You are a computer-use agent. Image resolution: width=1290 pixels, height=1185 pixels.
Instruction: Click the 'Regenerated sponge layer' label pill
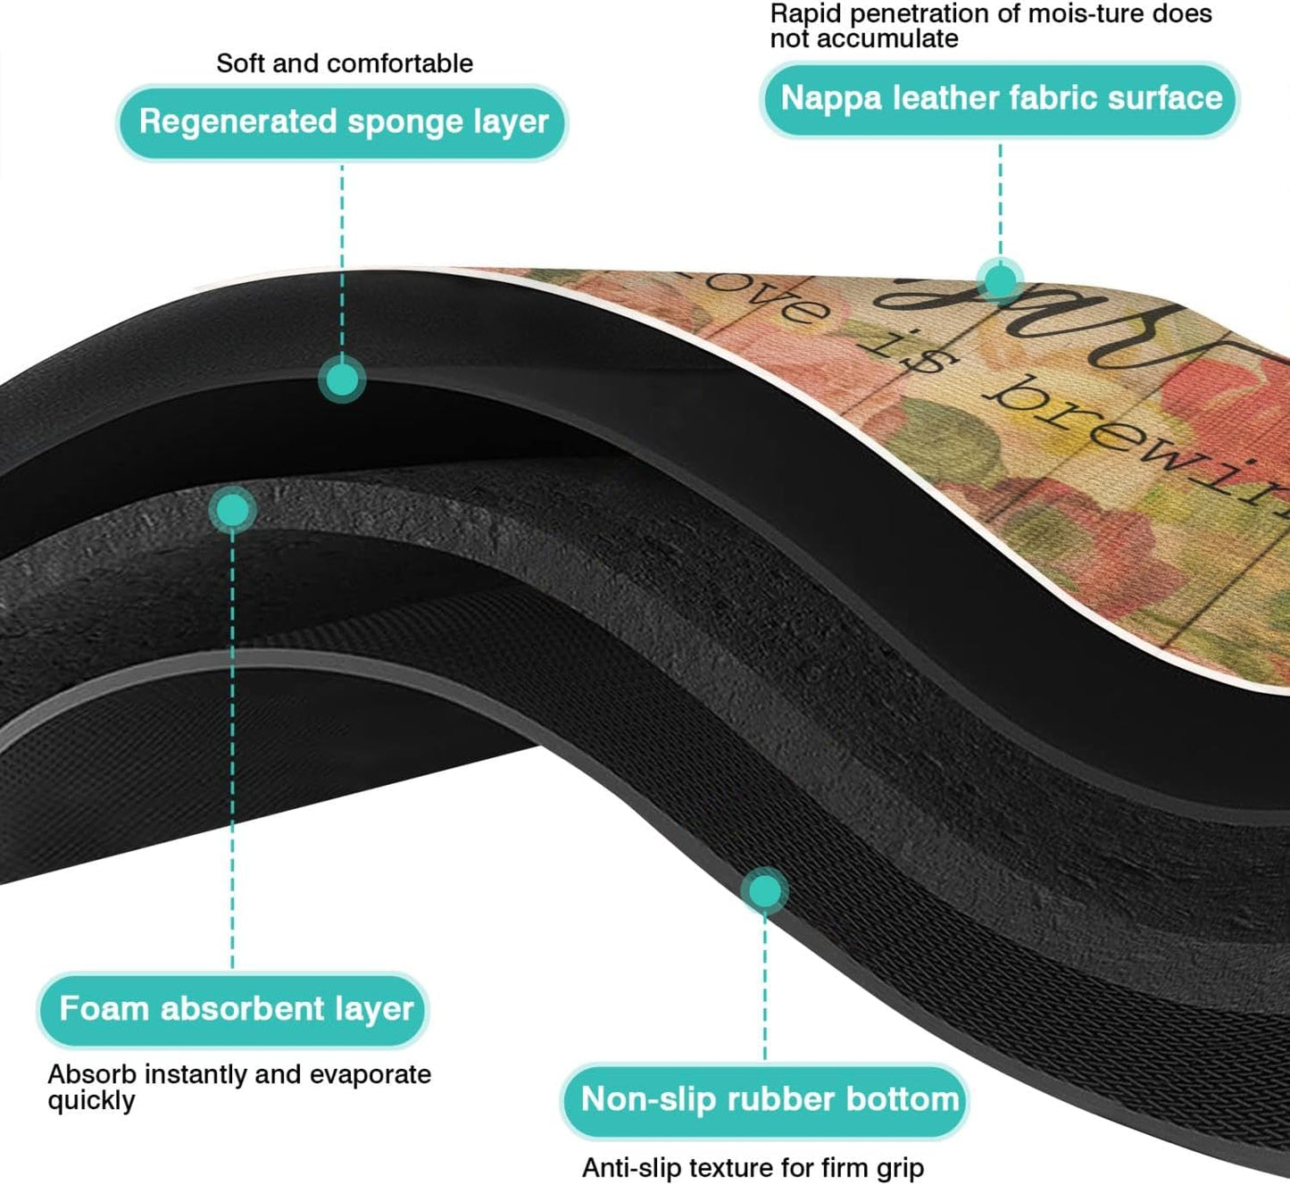coord(343,122)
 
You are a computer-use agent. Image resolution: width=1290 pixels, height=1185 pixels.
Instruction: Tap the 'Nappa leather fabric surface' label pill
coord(1001,98)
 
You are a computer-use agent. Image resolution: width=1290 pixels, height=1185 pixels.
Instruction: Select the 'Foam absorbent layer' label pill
coord(235,1009)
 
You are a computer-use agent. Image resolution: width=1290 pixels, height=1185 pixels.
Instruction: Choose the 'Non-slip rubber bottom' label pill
coord(766,1099)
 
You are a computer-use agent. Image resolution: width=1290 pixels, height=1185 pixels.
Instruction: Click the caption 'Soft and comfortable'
coord(345,63)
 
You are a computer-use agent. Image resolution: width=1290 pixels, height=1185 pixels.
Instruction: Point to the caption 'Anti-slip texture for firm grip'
coord(753,1167)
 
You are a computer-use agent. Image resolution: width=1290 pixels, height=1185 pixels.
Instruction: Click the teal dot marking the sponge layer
coord(342,380)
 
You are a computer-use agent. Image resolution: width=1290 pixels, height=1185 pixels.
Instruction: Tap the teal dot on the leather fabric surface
coord(999,280)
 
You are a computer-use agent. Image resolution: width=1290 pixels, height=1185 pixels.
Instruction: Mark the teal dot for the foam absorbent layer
coord(232,510)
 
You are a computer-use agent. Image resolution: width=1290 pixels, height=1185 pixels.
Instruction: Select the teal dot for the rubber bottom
coord(764,890)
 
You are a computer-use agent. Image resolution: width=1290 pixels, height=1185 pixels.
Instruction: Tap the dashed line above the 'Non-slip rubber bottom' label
coord(764,982)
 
